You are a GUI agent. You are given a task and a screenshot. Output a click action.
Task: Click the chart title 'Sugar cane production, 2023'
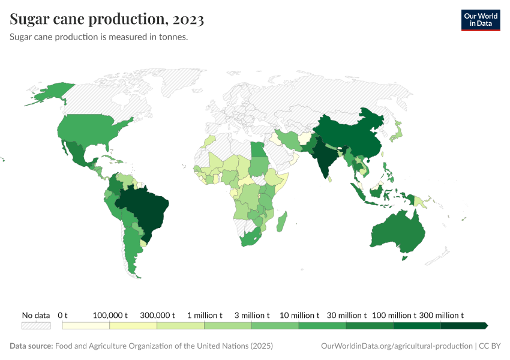pyautogui.click(x=107, y=19)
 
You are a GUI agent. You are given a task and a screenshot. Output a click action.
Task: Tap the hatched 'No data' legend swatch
pyautogui.click(x=35, y=325)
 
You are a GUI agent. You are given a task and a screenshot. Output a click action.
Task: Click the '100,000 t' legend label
pyautogui.click(x=109, y=315)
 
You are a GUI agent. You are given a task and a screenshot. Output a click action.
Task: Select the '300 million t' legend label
pyautogui.click(x=441, y=315)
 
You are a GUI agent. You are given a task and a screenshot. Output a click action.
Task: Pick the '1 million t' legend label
pyautogui.click(x=204, y=315)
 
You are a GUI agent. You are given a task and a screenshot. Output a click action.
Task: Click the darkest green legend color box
pyautogui.click(x=463, y=325)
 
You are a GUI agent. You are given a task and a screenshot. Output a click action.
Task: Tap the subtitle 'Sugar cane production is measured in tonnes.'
pyautogui.click(x=99, y=37)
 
